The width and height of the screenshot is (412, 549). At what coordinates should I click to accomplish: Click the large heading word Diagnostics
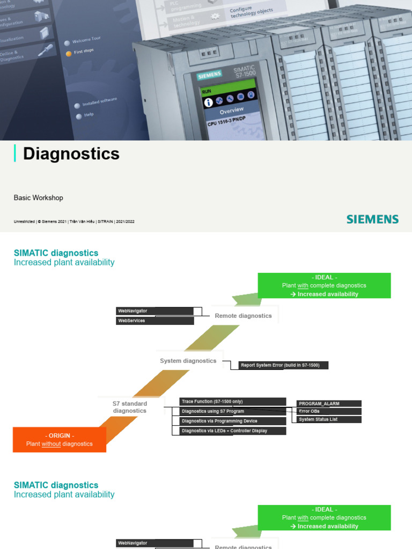[x=71, y=154]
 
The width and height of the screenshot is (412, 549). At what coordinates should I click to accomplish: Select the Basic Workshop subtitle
[x=38, y=198]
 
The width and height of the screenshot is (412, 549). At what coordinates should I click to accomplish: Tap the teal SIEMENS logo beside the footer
[x=372, y=219]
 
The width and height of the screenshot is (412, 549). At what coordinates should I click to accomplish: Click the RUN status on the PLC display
[x=207, y=91]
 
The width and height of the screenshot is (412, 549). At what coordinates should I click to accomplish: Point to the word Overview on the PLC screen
[x=232, y=111]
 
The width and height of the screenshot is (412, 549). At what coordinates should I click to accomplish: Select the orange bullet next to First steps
[x=68, y=54]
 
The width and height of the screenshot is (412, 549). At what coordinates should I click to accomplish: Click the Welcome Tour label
[x=87, y=41]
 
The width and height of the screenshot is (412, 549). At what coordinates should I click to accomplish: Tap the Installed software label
[x=99, y=102]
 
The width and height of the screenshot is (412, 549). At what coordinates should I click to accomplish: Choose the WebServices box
[x=154, y=321]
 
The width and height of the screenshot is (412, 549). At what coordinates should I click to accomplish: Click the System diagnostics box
[x=188, y=361]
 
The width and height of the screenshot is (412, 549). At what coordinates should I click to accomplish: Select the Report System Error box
[x=283, y=365]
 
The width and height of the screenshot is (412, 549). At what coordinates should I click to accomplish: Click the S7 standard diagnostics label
[x=129, y=407]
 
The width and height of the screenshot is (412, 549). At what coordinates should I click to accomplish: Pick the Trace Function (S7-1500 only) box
[x=232, y=402]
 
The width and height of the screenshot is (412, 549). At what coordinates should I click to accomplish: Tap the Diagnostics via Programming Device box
[x=232, y=421]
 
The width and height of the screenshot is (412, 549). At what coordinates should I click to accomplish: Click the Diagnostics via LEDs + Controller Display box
[x=232, y=431]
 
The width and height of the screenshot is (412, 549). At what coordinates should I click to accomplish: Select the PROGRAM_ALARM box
[x=328, y=404]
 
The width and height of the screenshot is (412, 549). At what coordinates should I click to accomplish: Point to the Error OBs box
[x=328, y=412]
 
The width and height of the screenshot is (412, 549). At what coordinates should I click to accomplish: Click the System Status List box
[x=328, y=420]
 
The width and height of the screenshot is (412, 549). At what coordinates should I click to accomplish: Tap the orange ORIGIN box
[x=59, y=440]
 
